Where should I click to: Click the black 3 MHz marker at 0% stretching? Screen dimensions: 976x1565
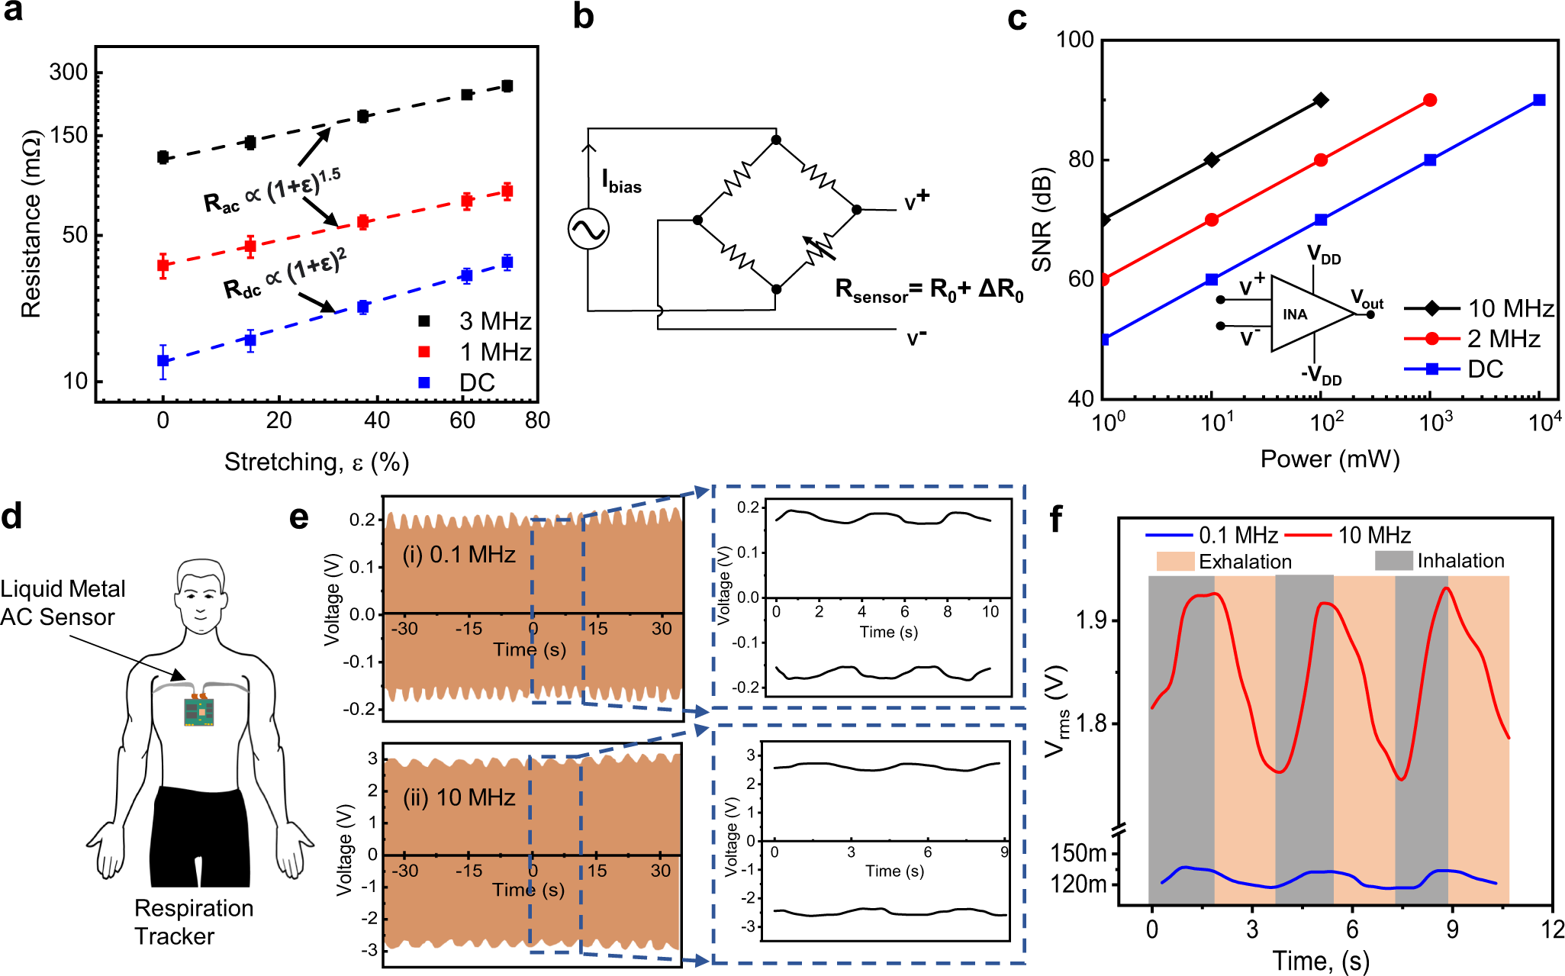coord(163,157)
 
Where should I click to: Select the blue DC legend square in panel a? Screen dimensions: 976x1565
coord(424,382)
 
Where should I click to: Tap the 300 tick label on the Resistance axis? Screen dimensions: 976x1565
coord(69,72)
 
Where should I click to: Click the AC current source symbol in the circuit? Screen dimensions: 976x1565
coord(588,229)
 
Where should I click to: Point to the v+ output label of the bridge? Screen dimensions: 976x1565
coord(916,201)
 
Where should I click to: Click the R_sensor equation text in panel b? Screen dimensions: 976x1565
coord(929,291)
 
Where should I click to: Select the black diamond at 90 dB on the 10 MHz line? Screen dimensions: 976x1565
coord(1321,100)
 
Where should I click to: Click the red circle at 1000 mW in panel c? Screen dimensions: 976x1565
coord(1430,100)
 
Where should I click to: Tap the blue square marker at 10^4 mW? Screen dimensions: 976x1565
coord(1539,100)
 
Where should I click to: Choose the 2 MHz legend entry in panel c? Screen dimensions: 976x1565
coord(1473,339)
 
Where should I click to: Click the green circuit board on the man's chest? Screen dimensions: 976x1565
coord(199,711)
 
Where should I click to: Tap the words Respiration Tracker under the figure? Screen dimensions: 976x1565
coord(193,922)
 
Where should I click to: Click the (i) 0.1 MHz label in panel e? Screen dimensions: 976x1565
coord(459,555)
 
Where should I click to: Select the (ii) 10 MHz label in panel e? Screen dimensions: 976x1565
coord(459,797)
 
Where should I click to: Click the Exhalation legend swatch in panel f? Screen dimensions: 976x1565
coord(1175,562)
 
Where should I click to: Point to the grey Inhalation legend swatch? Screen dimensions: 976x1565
coord(1393,561)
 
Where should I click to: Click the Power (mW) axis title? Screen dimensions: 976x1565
coord(1329,459)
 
